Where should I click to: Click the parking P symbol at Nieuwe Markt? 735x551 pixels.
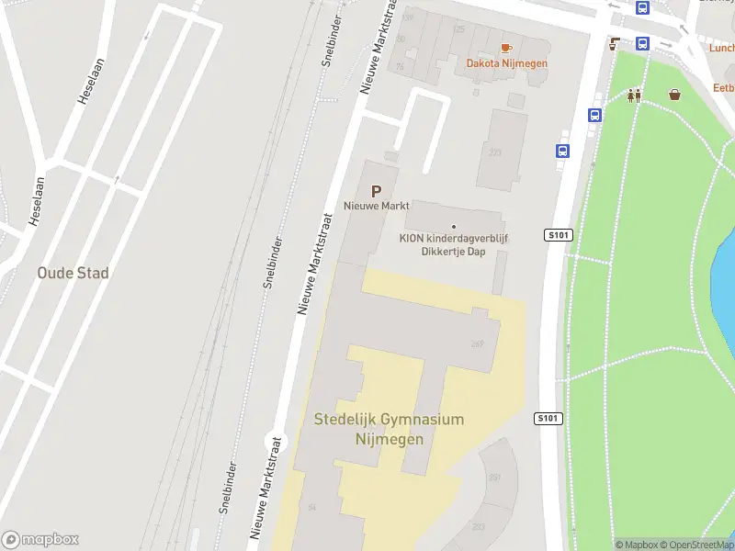coord(375,191)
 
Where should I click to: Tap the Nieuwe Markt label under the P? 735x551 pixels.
coord(377,206)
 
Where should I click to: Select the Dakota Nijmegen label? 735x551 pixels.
coord(506,63)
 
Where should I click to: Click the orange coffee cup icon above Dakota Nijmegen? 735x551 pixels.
coord(505,48)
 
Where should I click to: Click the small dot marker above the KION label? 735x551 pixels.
coord(454,226)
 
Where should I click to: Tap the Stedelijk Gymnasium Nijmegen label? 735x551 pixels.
coord(390,429)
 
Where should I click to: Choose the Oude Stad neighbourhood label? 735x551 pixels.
coord(73,273)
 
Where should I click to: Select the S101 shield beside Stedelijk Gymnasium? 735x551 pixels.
coord(548,419)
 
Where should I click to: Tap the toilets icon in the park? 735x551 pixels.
coord(634,95)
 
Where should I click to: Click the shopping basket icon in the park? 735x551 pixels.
coord(675,94)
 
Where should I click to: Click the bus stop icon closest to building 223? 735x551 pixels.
coord(562,152)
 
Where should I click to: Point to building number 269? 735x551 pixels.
coord(477,344)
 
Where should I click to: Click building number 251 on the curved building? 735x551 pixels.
coord(494,478)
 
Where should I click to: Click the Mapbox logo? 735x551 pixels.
coord(40,540)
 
